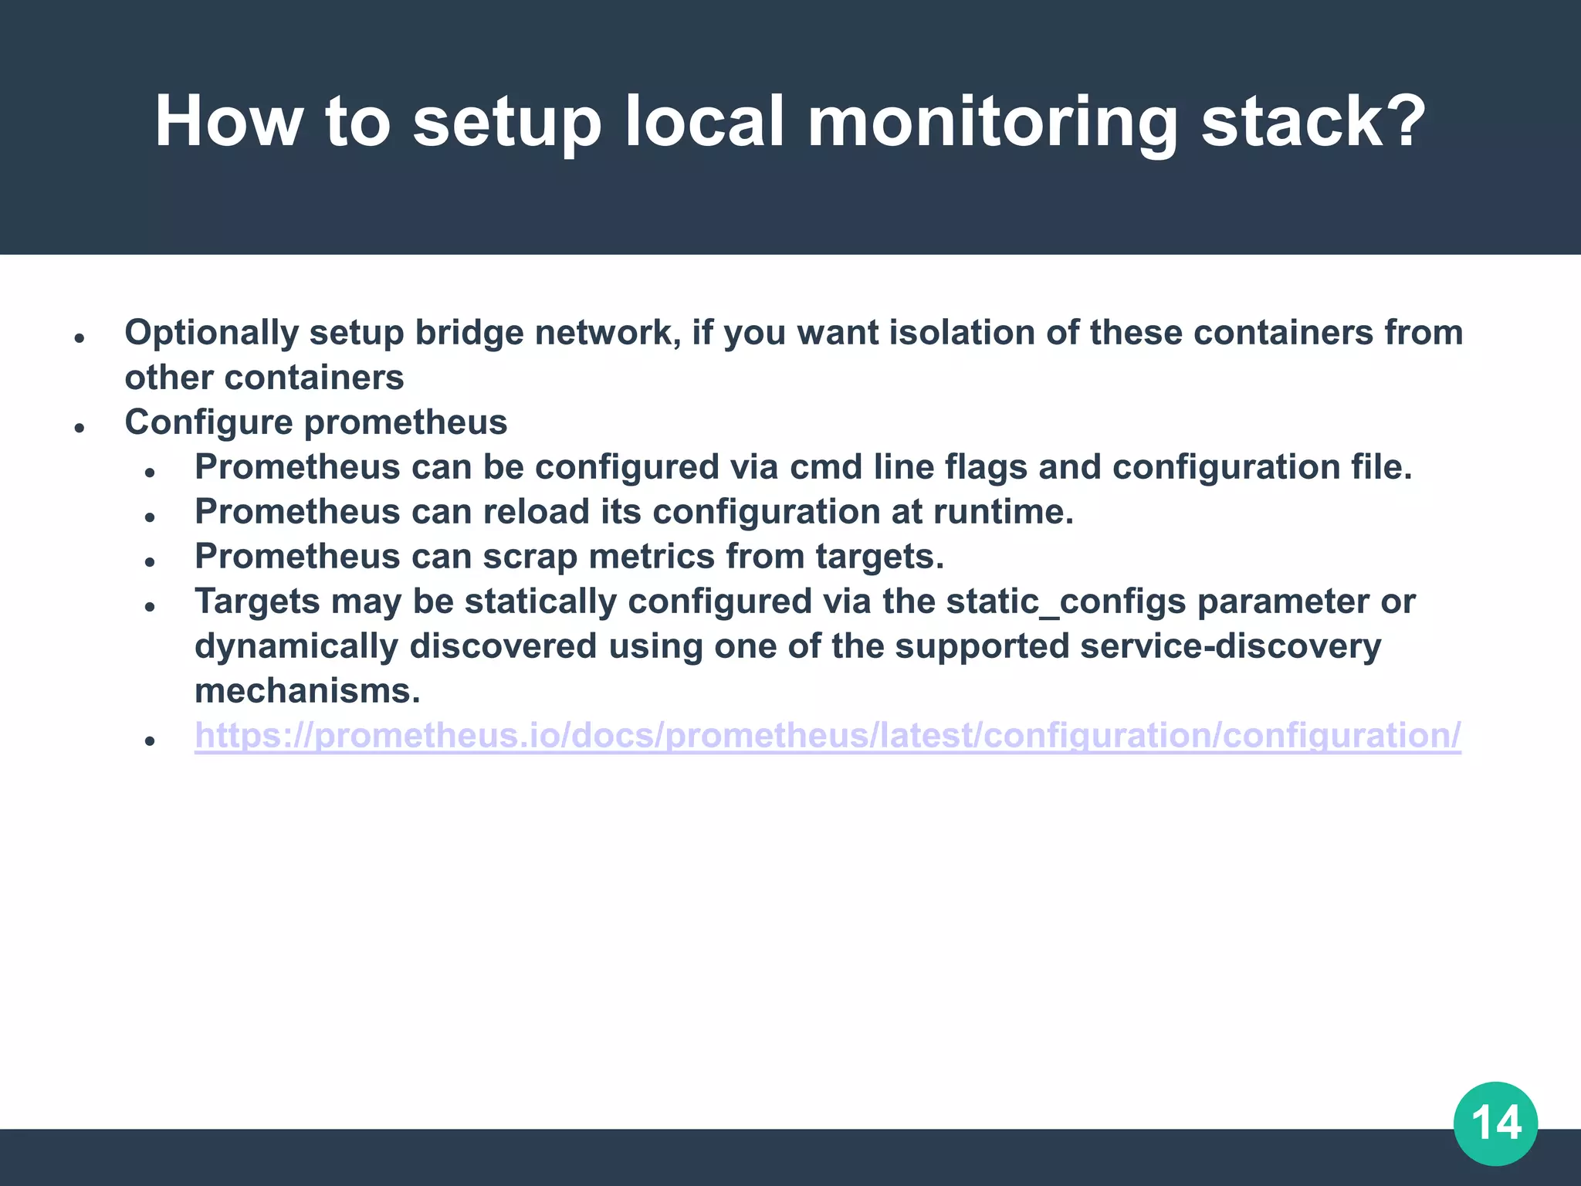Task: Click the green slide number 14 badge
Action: (1495, 1123)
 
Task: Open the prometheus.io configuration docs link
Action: (828, 735)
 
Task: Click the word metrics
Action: (652, 557)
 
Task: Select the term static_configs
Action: (1065, 601)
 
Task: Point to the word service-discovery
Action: (1231, 646)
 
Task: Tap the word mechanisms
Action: (306, 691)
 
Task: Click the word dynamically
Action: (296, 647)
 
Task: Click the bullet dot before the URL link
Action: (151, 740)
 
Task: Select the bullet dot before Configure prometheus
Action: (80, 428)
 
